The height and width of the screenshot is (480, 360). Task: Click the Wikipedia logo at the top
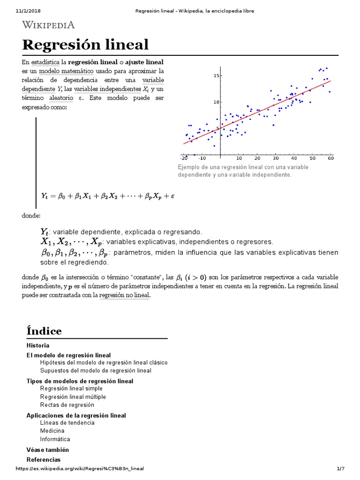(x=48, y=24)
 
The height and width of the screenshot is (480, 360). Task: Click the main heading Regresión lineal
(x=85, y=45)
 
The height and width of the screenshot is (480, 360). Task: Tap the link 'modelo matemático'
(x=66, y=71)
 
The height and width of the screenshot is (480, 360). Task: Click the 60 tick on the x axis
(x=331, y=158)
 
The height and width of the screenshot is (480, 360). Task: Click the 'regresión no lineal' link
(x=124, y=295)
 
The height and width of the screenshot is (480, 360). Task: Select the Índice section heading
(x=44, y=330)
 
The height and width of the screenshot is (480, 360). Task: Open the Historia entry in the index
(x=38, y=345)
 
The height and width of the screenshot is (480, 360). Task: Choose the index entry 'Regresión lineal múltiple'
(x=73, y=397)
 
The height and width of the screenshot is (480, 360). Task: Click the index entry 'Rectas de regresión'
(x=67, y=405)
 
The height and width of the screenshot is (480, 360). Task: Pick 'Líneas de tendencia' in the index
(x=67, y=422)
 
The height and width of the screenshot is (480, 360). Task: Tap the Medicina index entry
(x=52, y=431)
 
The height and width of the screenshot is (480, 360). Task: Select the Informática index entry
(x=55, y=439)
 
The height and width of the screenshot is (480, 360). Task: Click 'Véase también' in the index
(x=45, y=450)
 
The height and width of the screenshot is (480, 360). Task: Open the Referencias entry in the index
(x=44, y=459)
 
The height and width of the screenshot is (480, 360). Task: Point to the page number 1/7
(x=340, y=468)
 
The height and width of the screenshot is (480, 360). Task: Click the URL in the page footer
(x=80, y=468)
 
